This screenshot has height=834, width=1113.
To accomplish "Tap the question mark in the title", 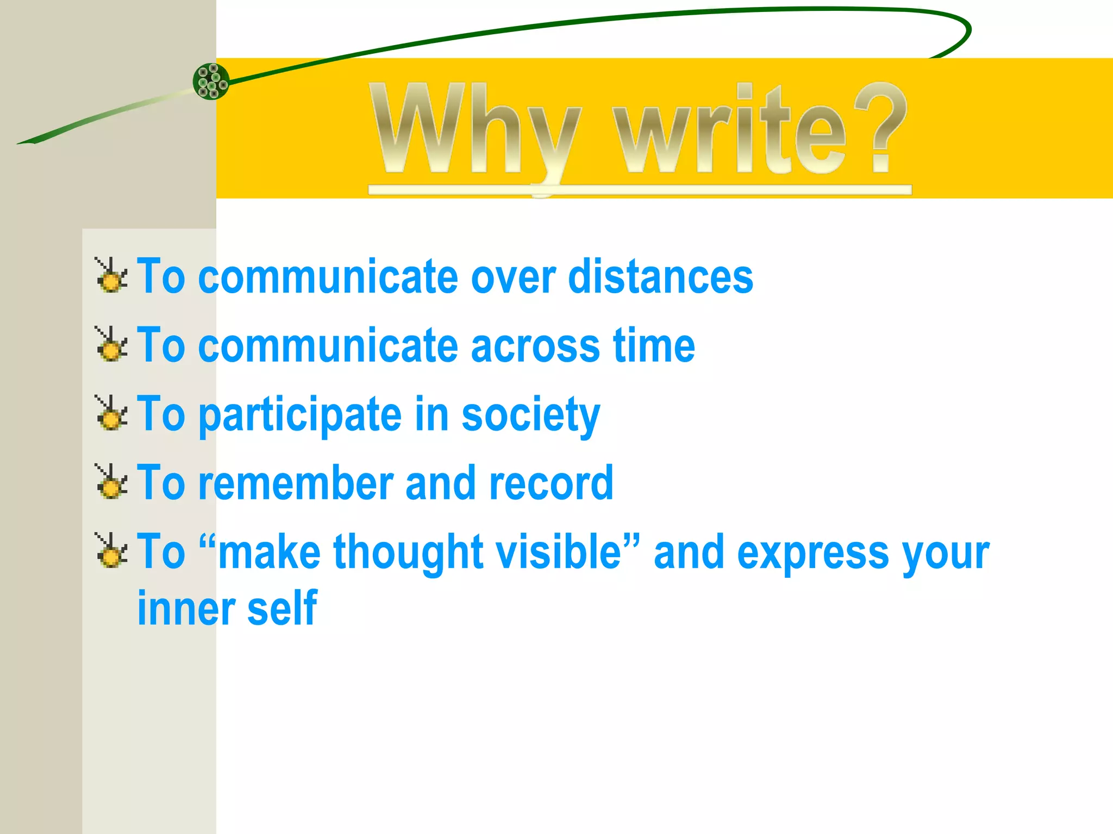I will pos(880,128).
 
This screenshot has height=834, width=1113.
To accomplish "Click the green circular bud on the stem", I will pos(211,81).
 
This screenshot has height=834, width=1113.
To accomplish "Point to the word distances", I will pos(660,277).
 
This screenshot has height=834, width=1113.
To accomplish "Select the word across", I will pos(536,346).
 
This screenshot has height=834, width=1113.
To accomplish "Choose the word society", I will pos(530,415).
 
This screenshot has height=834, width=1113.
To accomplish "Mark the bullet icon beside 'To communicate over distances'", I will pos(112,275).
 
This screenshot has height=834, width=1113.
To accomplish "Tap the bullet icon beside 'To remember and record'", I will pos(112,482).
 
